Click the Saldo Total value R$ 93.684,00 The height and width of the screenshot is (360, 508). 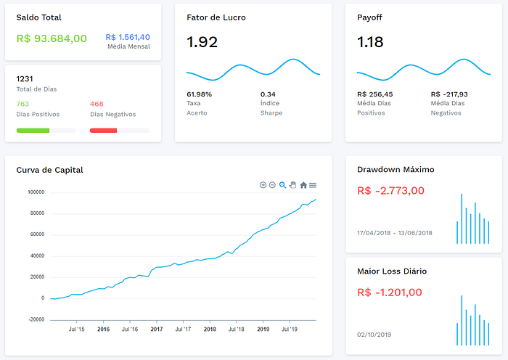(52, 38)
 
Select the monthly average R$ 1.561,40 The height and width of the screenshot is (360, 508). (128, 37)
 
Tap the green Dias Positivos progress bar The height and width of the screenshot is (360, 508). (33, 131)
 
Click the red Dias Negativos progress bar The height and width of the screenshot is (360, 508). (103, 131)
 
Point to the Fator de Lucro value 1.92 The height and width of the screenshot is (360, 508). (202, 42)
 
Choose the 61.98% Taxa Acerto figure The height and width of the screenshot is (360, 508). (200, 94)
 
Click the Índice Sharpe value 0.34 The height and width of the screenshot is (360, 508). (268, 94)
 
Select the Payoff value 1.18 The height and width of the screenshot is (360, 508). (370, 42)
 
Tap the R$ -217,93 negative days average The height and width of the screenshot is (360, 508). (449, 94)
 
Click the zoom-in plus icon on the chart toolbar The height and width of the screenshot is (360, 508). (263, 185)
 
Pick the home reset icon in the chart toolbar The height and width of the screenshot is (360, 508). (303, 185)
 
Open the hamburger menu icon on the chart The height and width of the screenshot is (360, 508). (313, 185)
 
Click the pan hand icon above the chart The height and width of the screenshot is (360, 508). (293, 185)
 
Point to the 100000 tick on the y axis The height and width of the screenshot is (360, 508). (36, 192)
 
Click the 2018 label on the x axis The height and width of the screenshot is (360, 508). (210, 330)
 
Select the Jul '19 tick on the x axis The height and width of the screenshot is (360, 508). (290, 330)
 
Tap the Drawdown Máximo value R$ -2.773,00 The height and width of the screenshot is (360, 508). (390, 191)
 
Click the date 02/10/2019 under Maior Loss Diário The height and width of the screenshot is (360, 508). (374, 335)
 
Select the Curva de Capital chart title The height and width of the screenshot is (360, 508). (49, 170)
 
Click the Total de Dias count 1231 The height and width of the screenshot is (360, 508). (25, 78)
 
